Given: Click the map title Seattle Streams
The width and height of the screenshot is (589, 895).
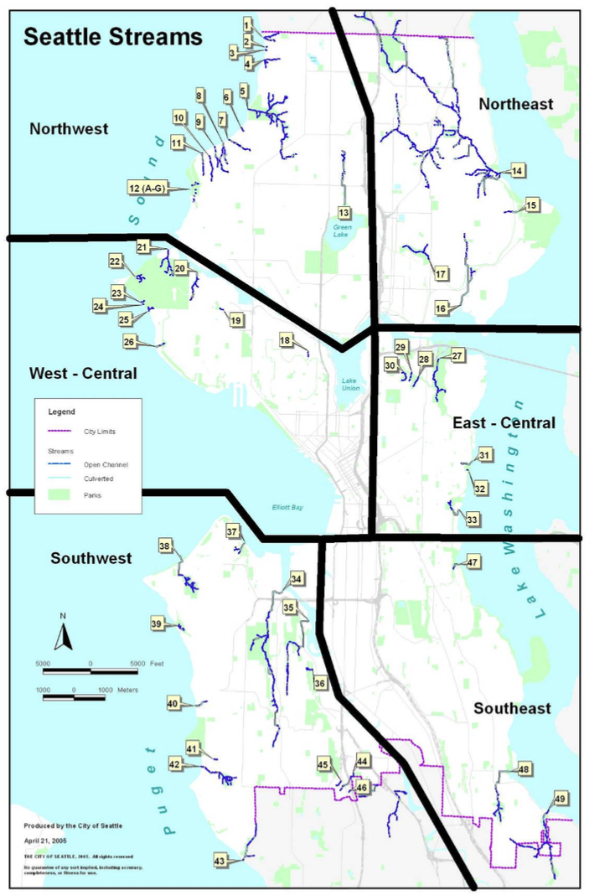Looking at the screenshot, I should tap(112, 37).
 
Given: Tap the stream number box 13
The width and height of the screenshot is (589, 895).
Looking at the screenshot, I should tap(344, 212).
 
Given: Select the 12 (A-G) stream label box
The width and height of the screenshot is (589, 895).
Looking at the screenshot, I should tap(147, 188).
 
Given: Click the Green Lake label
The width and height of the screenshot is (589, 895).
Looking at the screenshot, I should tap(343, 227).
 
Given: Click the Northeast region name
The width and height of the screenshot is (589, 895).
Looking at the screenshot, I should tap(515, 104).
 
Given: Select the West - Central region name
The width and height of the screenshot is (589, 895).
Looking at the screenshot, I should tap(82, 373).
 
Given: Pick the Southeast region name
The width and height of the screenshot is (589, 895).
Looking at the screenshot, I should tap(512, 708).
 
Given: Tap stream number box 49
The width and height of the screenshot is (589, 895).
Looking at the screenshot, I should tap(561, 798).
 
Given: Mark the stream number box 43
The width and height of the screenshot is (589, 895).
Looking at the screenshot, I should tap(221, 861).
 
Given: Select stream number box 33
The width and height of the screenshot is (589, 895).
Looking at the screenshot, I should tap(472, 520).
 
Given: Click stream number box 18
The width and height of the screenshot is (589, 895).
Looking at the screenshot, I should tap(286, 340).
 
